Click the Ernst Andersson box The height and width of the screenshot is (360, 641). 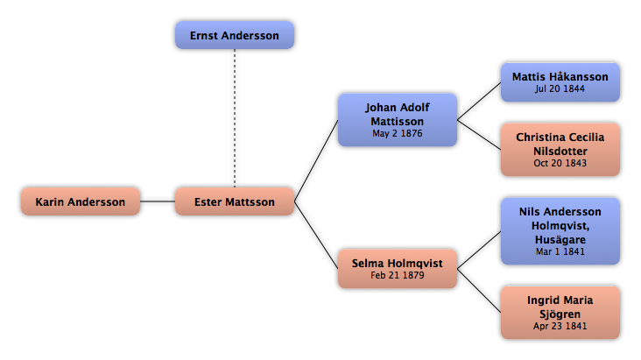coord(235,35)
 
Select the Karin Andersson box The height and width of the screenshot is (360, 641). coord(81,201)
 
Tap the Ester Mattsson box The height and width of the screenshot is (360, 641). coord(235,201)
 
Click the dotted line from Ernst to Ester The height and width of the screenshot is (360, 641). coord(235,118)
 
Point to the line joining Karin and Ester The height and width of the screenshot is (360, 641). coord(158,201)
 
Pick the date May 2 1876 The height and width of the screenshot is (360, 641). coord(398,133)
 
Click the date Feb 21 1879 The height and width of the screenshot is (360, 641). coord(398,275)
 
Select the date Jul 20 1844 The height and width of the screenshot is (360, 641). coord(560,88)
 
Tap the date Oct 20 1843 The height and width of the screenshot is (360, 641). coord(560,163)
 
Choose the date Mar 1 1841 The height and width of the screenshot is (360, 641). coord(560,251)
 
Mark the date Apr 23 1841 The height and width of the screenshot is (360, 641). coord(560,326)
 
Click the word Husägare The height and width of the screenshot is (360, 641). coord(560,240)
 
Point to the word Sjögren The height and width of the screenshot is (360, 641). coord(560,314)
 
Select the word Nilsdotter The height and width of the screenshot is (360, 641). coord(560,152)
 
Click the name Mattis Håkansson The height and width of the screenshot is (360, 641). coord(560,77)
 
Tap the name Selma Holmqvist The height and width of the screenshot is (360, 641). coord(398,264)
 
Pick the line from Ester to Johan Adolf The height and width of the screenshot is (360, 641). coord(316,161)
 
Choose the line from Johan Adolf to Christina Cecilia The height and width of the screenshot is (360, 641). coord(479,135)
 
